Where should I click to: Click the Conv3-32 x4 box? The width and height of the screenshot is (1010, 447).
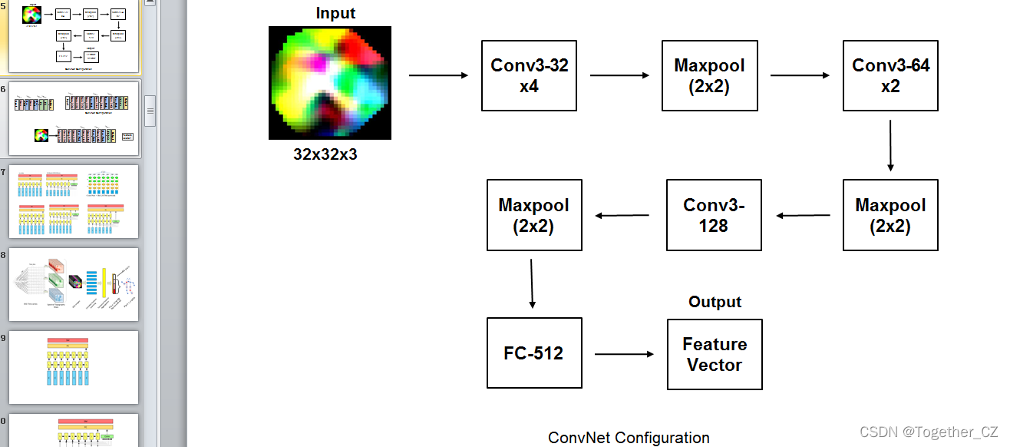[529, 75]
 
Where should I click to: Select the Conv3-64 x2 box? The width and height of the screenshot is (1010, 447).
[890, 75]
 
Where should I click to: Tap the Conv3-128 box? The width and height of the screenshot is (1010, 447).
[714, 215]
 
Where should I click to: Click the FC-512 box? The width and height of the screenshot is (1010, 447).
[533, 353]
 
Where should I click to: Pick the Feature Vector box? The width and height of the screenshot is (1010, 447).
[714, 354]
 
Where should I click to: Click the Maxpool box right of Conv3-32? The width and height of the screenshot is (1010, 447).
[709, 75]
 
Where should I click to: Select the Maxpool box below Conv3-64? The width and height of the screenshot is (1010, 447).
[890, 215]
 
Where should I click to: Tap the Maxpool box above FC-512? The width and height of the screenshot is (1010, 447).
[534, 215]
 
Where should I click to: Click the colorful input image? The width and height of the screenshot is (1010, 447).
[330, 83]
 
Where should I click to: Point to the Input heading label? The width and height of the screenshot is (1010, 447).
[335, 13]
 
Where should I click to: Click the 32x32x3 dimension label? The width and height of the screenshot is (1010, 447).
[325, 154]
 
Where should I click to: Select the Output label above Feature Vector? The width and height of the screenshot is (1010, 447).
[715, 302]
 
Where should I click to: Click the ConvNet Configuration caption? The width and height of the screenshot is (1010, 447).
[629, 438]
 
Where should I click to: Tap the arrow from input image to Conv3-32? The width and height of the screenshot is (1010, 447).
[438, 75]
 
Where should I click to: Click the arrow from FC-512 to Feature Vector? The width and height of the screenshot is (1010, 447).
[624, 354]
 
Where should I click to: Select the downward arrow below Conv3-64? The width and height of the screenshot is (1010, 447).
[890, 145]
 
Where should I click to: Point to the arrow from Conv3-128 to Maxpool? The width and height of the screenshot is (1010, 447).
[624, 215]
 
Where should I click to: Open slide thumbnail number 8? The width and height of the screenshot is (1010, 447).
[74, 284]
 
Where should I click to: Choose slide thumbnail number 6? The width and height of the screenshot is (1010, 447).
[74, 118]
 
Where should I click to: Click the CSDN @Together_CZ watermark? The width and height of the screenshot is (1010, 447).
[929, 432]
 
